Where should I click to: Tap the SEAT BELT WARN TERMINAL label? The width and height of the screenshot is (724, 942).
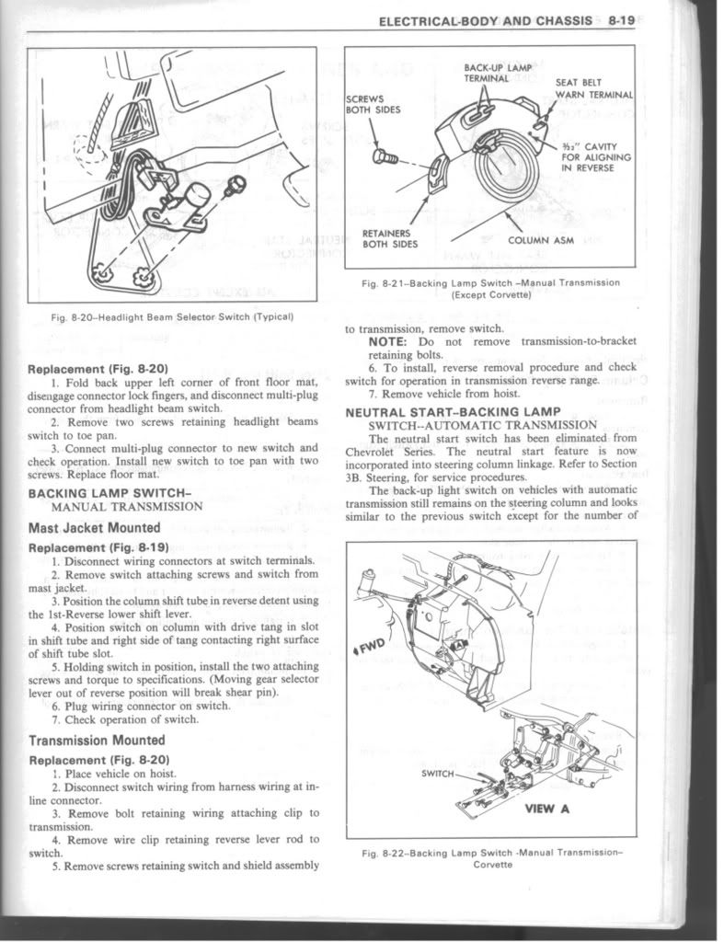(595, 88)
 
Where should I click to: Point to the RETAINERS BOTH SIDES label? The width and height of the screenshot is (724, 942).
(390, 238)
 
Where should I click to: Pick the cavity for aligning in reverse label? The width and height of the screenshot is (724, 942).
(595, 157)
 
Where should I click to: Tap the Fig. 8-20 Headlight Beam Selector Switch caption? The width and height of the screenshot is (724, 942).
(173, 317)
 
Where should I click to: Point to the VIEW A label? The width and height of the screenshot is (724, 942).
(546, 810)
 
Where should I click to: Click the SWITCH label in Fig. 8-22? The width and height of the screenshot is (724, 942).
(438, 774)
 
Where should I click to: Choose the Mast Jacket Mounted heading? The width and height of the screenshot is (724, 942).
(95, 527)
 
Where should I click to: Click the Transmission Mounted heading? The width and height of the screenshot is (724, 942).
(98, 740)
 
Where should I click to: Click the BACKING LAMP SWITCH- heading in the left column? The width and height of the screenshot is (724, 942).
(109, 492)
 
